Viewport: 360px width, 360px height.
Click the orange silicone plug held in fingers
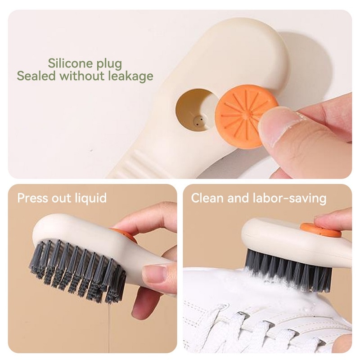coord(246,116)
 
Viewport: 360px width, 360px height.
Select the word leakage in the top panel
coord(130,76)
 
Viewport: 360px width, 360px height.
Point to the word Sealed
coord(36,76)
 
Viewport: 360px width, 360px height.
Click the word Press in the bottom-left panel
coord(32,198)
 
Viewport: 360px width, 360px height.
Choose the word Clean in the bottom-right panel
coord(207,198)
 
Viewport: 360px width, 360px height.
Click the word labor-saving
coord(289,198)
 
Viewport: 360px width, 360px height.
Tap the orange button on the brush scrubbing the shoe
coord(320,230)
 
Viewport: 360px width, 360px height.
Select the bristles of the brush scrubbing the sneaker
coord(288,269)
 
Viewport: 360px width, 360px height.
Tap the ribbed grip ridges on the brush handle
coord(135,163)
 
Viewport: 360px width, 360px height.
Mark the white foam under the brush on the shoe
coord(271,287)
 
